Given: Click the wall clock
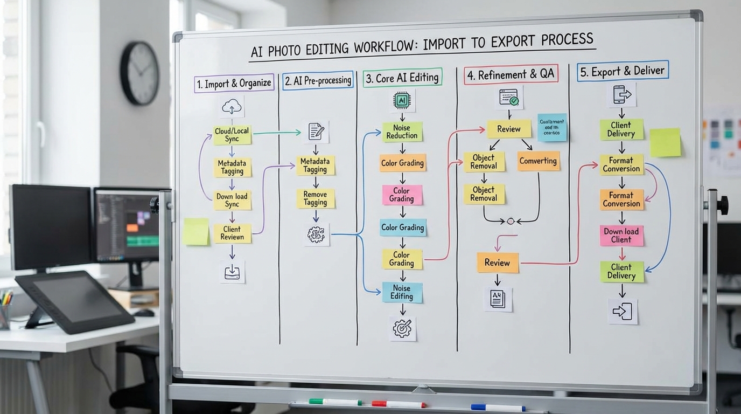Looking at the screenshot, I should click(139, 73).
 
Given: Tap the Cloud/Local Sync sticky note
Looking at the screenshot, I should click(232, 135).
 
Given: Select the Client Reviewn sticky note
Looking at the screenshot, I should click(232, 233).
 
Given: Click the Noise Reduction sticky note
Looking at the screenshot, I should click(402, 132).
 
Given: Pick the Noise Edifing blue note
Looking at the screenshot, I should click(402, 292).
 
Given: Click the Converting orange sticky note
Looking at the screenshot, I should click(538, 161).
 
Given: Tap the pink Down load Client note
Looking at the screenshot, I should click(621, 236).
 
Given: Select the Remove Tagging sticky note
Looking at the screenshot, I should click(315, 198).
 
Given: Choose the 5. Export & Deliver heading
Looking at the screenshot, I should click(622, 71).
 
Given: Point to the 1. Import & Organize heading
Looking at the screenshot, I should click(234, 84).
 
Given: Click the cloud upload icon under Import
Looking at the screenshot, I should click(232, 107).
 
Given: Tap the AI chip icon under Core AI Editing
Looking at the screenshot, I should click(402, 100).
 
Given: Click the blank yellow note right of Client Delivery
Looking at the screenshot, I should click(665, 143).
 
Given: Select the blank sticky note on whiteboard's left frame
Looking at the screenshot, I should click(195, 232).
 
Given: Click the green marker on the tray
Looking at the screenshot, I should click(335, 402).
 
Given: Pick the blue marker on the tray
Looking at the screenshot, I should click(497, 408).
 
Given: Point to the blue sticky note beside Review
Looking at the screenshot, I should click(552, 128).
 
